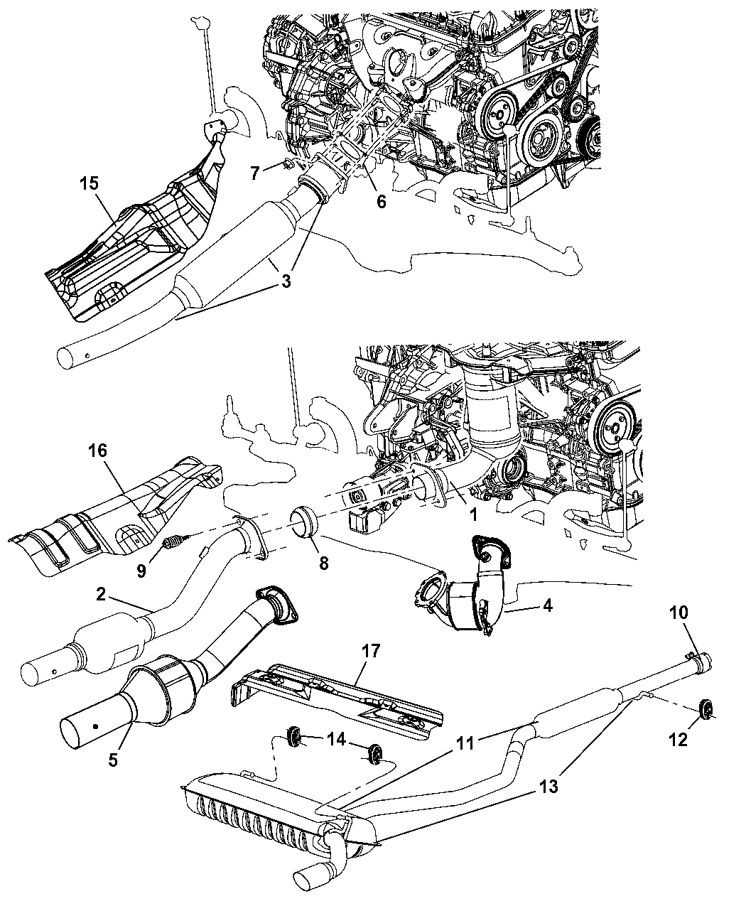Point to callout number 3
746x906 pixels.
point(286,281)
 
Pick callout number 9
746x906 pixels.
point(141,551)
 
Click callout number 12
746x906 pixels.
point(678,739)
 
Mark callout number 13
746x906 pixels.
point(548,787)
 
